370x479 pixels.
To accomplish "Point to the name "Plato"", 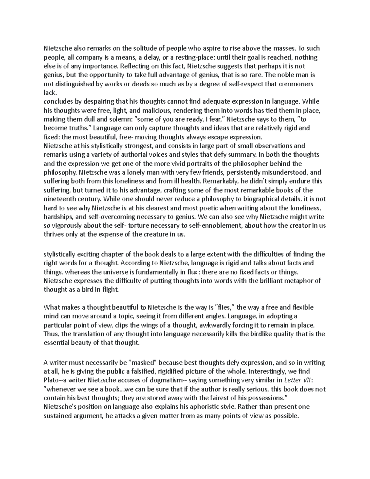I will click(x=51, y=380).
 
